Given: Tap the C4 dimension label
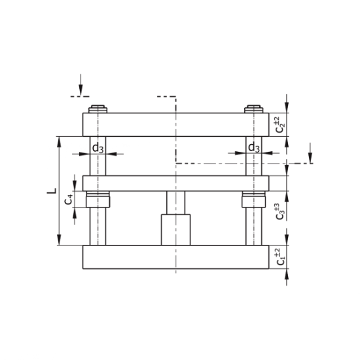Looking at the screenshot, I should tap(69, 199).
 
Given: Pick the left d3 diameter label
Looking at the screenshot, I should tap(98, 148).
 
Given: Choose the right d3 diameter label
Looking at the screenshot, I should tap(255, 148).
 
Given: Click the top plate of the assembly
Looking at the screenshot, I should tap(175, 124).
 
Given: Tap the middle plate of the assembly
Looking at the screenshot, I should tap(175, 183).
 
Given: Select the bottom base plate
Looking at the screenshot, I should tap(175, 257).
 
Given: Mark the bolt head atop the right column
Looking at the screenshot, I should tap(254, 109).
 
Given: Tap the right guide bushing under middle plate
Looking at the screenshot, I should tap(254, 198).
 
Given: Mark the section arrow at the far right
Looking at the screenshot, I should tap(311, 152).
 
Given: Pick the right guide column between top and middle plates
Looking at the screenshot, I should tap(254, 164).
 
